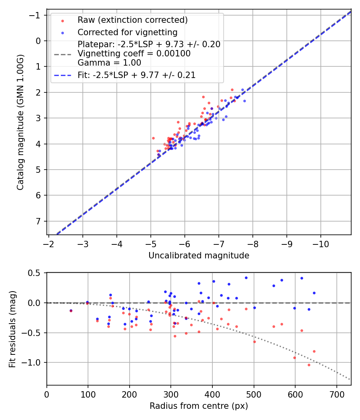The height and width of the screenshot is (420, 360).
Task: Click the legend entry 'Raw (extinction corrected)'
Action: [x=132, y=20]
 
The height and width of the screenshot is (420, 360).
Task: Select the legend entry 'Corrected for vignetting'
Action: [x=127, y=32]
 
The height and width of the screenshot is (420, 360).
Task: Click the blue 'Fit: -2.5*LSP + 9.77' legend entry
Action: [x=136, y=75]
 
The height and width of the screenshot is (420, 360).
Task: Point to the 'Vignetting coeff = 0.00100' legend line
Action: [x=134, y=54]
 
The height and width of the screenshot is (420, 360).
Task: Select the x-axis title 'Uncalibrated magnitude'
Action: [x=199, y=256]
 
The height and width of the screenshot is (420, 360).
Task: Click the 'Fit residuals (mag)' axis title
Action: [x=12, y=329]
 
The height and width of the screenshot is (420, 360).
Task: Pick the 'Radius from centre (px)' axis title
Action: [x=199, y=406]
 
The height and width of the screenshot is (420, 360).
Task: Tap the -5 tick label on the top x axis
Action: [x=151, y=243]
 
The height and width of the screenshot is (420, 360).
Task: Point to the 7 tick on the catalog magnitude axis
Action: [x=39, y=221]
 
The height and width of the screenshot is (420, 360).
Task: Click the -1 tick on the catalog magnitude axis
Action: [x=37, y=15]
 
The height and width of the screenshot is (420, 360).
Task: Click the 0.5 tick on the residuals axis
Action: [x=36, y=273]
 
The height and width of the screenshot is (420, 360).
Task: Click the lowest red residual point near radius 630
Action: [x=309, y=365]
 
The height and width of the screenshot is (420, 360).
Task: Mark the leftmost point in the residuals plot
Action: [x=71, y=310]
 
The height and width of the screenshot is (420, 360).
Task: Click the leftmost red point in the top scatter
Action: [x=153, y=138]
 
